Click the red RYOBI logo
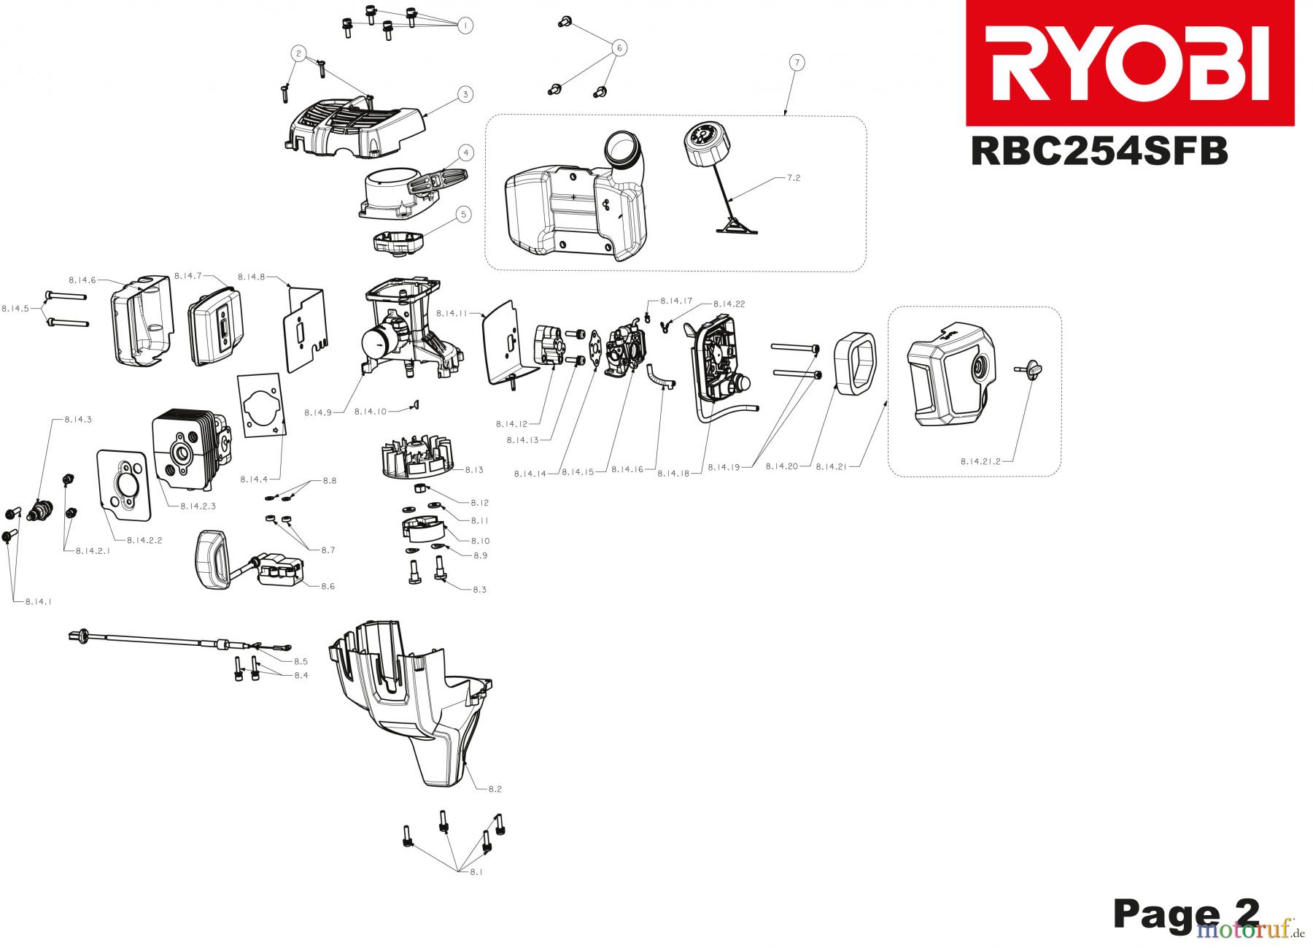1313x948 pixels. point(1130,63)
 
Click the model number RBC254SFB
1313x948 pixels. point(1099,153)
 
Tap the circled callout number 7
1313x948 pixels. point(796,63)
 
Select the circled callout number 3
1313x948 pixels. point(465,94)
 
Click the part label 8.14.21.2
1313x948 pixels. point(980,460)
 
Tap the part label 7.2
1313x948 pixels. point(794,177)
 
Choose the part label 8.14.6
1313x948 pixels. point(82,280)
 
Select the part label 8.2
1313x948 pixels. point(495,789)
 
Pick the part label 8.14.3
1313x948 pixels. point(78,420)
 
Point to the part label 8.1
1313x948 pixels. point(476,871)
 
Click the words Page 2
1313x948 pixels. point(1186,914)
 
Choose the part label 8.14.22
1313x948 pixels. point(729,303)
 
